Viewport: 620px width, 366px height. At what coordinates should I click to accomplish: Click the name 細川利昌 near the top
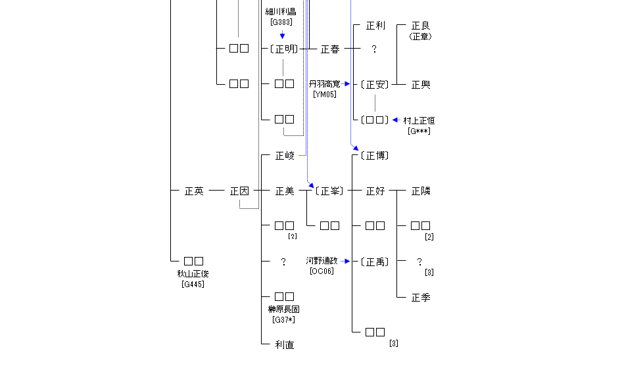click(x=281, y=12)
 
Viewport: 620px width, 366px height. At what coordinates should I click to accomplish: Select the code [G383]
click(x=281, y=22)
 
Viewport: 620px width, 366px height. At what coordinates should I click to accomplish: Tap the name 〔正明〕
click(x=284, y=49)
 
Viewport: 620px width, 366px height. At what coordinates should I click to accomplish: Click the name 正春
click(x=329, y=49)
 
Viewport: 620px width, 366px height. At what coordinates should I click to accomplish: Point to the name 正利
click(x=375, y=26)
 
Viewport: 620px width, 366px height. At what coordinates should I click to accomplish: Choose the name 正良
click(x=421, y=26)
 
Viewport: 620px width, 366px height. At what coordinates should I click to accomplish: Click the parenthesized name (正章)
click(x=421, y=37)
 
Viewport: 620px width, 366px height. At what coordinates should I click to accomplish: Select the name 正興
click(x=421, y=85)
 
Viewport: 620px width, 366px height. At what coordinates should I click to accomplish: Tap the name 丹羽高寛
click(x=325, y=84)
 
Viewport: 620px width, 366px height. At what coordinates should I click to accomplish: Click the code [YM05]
click(x=325, y=95)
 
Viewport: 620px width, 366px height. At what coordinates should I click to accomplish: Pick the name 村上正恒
click(x=419, y=121)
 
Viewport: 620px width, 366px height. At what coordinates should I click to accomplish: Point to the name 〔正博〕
click(x=375, y=156)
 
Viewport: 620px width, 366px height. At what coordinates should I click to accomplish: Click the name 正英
click(x=194, y=191)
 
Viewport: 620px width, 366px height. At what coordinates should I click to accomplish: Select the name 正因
click(x=239, y=191)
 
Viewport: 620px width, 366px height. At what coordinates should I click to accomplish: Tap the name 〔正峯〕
click(x=329, y=191)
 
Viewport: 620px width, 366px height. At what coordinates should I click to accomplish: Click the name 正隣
click(x=421, y=191)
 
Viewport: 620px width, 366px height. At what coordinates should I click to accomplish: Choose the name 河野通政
click(x=322, y=261)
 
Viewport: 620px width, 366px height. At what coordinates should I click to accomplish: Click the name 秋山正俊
click(x=193, y=274)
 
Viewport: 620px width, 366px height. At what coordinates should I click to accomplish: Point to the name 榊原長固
click(x=283, y=309)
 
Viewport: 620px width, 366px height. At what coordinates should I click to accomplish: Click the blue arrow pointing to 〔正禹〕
click(x=346, y=261)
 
